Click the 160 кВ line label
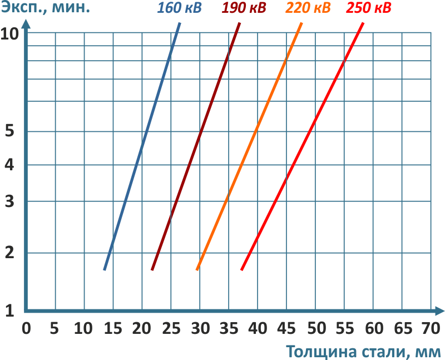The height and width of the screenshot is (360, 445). pos(180,9)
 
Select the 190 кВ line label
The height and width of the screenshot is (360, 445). pos(244,9)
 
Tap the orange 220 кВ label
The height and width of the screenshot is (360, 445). pos(308,9)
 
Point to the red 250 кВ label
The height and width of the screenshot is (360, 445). pos(369,9)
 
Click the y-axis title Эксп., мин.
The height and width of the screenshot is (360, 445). pos(46,9)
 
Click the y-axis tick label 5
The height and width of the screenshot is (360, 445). pos(9,132)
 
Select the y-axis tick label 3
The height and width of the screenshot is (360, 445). pos(9,201)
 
